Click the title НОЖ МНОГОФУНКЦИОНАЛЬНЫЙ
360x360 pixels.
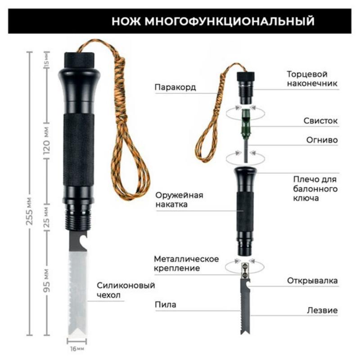pos(213,21)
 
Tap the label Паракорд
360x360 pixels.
pos(175,87)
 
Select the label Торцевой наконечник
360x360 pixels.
pos(312,79)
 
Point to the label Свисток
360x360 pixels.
pos(320,121)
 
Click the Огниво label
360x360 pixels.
pos(322,140)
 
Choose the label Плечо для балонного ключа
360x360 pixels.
pos(315,189)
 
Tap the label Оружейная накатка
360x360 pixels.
pos(179,199)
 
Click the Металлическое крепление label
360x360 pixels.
pos(186,263)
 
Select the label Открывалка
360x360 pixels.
pos(312,280)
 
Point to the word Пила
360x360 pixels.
pos(166,305)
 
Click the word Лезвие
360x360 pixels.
pos(322,310)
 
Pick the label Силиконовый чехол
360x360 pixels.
pos(126,290)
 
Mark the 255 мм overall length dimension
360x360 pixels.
pos(29,211)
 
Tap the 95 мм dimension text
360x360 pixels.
pos(47,280)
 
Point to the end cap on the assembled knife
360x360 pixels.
pos(79,60)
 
